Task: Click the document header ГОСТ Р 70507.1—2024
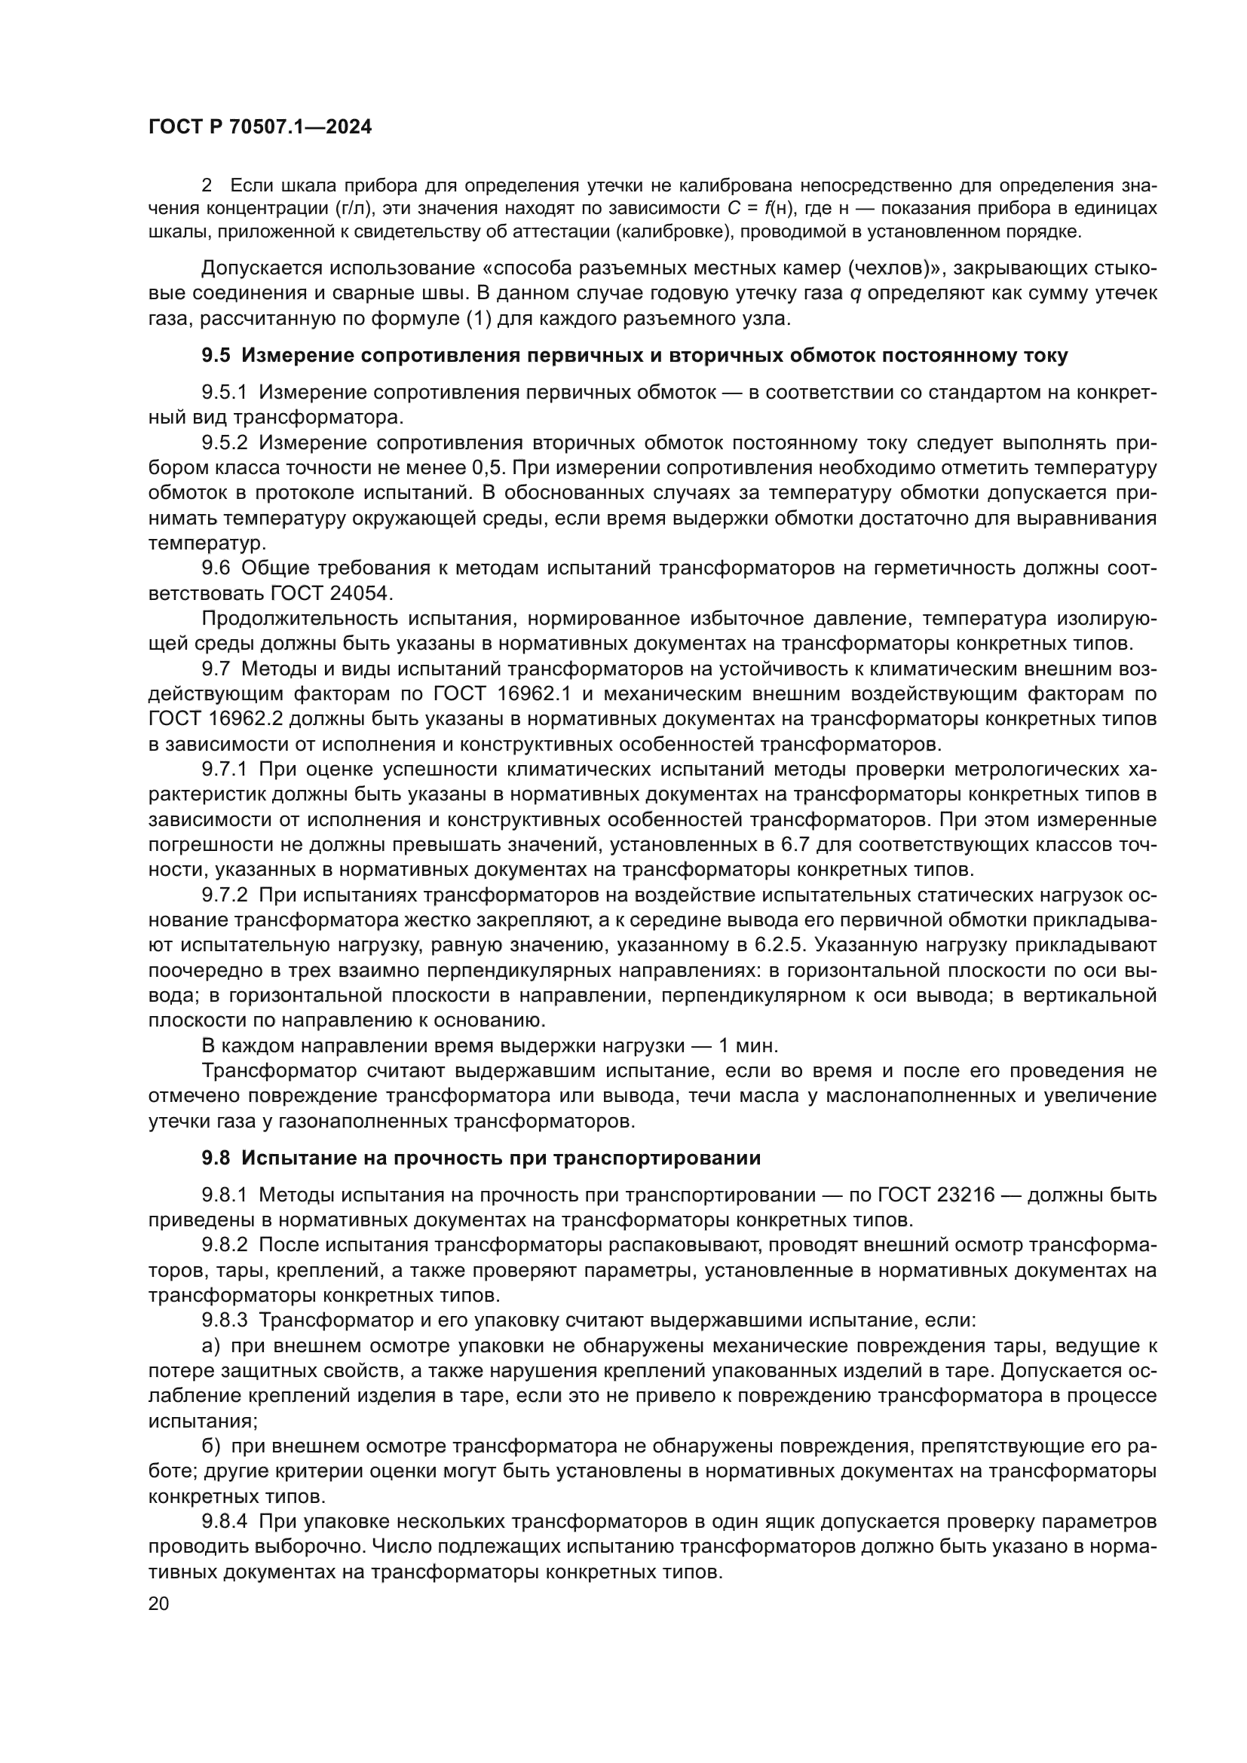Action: (x=259, y=127)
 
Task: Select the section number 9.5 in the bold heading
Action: (x=216, y=356)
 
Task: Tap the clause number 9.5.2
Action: (x=224, y=443)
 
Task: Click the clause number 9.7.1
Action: (x=224, y=770)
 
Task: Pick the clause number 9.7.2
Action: (x=224, y=895)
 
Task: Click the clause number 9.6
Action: (x=216, y=568)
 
